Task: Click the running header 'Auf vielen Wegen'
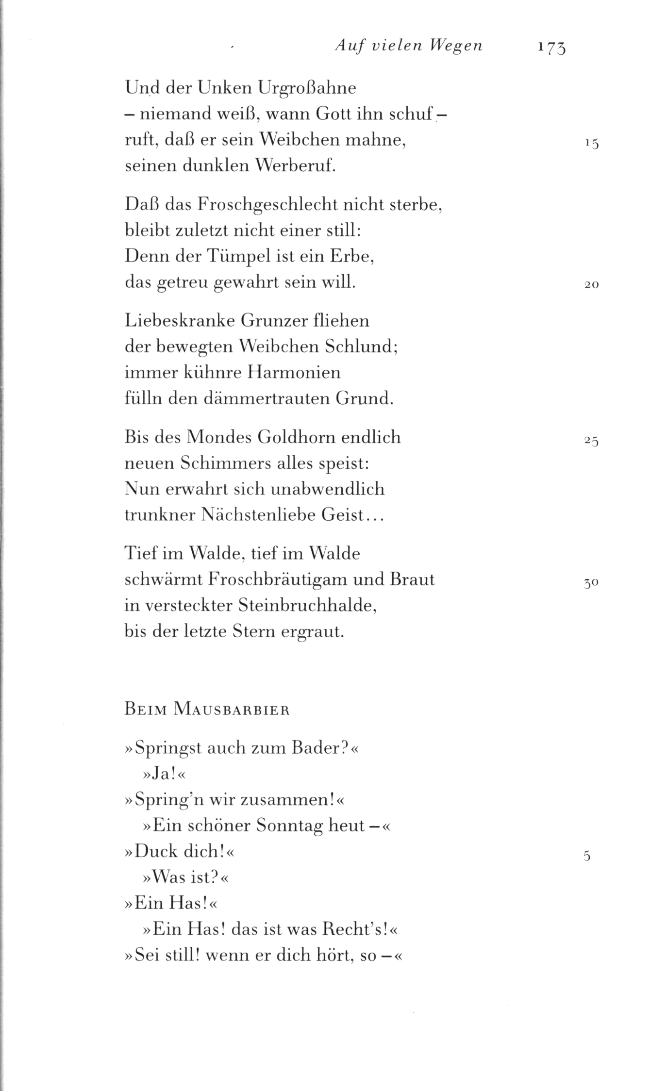coord(409,46)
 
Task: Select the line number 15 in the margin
coord(592,144)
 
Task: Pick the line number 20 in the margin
coord(592,285)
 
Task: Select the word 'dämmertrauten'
coord(250,399)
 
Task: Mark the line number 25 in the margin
coord(592,441)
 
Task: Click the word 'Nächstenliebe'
coord(258,515)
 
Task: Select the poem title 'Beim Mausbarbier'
coord(207,710)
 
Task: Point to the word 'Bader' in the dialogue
coord(314,748)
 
